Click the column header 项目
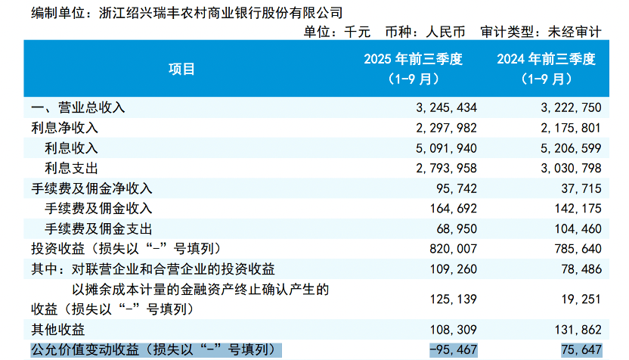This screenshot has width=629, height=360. coord(181,69)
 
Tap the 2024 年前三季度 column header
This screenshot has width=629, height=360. coord(547,68)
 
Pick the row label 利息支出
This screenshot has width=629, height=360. coord(72,168)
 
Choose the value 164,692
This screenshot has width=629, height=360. coord(453,208)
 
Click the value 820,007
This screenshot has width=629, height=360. coord(453,248)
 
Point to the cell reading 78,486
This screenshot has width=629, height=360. coord(579,268)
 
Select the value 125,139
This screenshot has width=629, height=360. coord(453,299)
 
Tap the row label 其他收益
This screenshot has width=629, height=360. coord(57,329)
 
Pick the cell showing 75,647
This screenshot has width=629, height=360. coord(579,349)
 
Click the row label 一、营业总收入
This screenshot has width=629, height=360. coord(78,107)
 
